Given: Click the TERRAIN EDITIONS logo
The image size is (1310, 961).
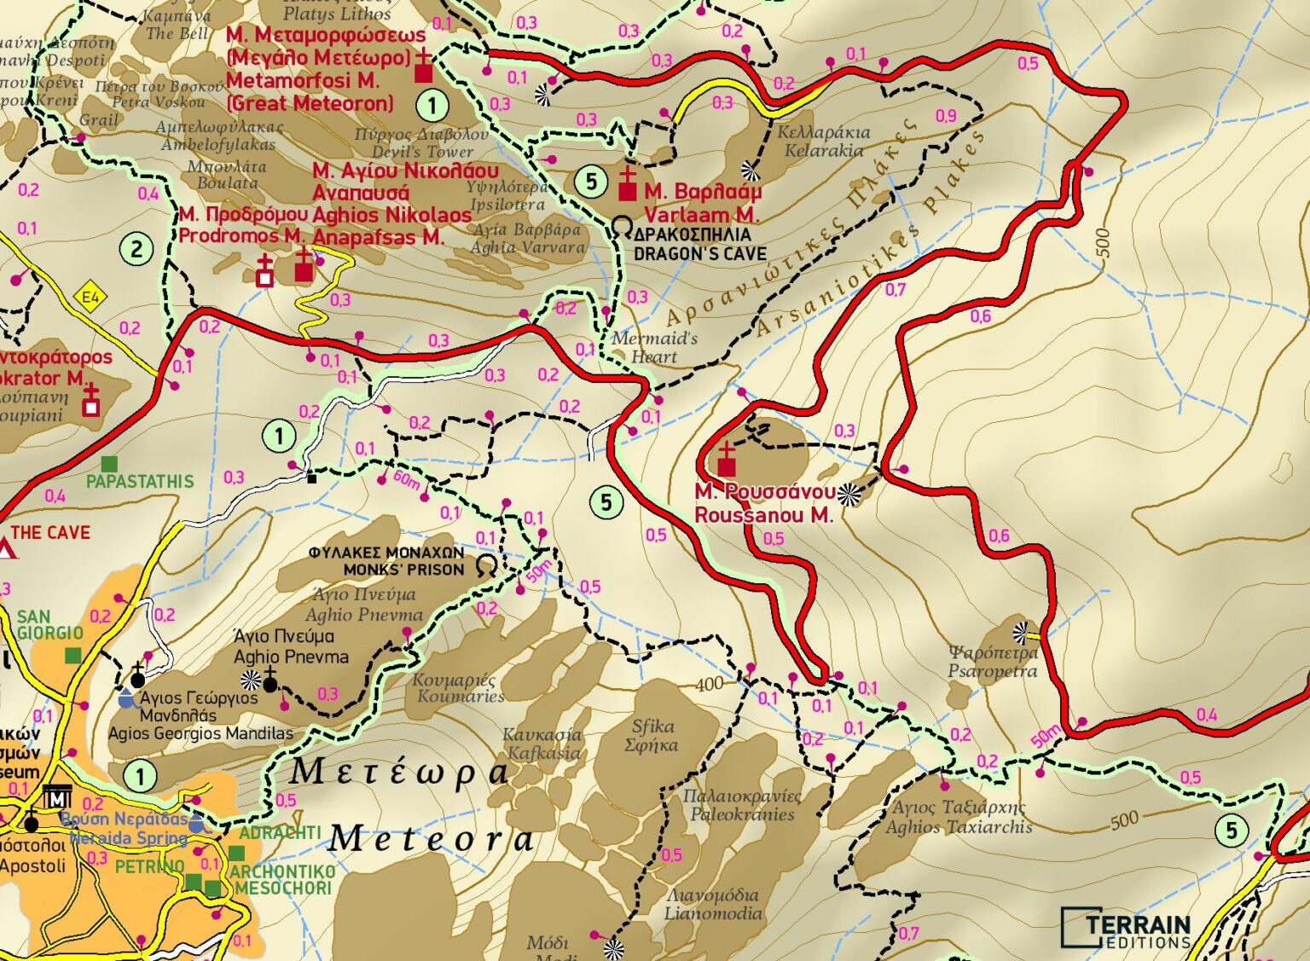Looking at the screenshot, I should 1127,928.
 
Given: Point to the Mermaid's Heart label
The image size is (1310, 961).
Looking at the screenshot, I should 654,347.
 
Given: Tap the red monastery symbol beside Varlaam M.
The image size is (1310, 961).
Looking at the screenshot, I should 627,185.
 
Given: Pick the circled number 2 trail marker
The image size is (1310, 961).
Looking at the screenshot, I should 136,250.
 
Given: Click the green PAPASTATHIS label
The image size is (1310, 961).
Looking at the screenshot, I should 140,482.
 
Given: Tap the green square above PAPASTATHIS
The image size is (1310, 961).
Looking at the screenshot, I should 109,464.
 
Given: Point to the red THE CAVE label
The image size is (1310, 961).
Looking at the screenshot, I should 50,533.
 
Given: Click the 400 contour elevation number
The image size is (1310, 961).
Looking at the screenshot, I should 709,684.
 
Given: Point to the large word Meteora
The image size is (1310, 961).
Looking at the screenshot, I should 431,839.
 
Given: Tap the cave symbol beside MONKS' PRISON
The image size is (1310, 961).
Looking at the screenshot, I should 487,564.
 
